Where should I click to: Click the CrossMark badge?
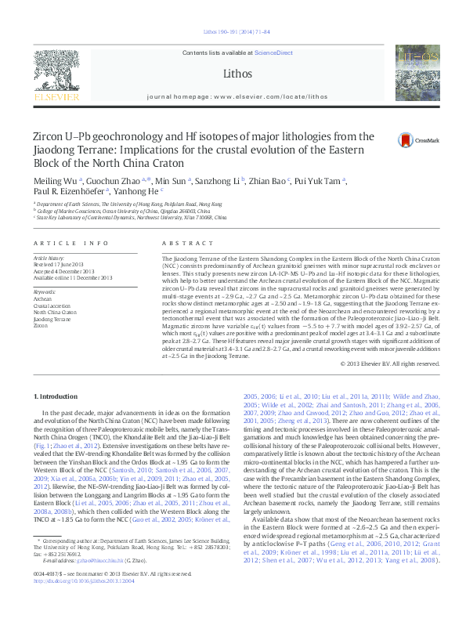coord(406,140)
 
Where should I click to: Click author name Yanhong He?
coord(138,191)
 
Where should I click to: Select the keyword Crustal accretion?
coord(50,305)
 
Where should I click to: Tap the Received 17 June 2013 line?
coord(61,263)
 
